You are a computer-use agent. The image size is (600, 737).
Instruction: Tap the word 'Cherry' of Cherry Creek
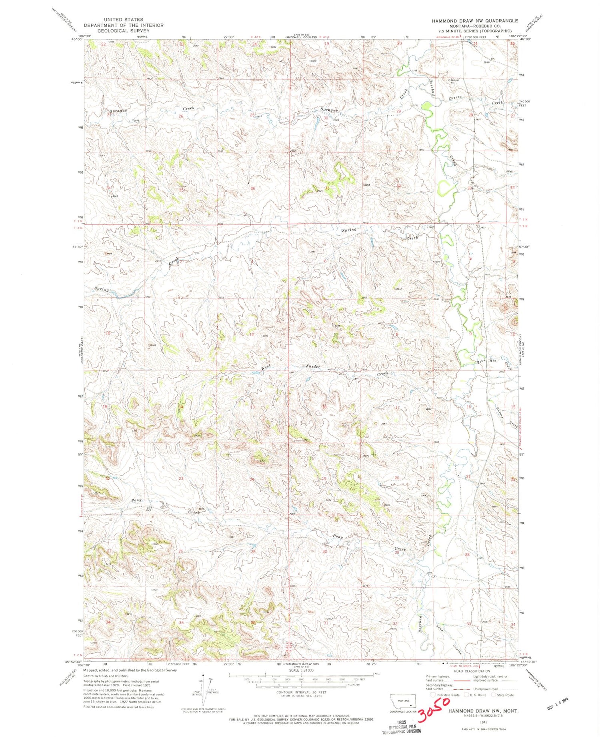455,97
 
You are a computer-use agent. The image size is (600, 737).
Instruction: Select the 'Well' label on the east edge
510,172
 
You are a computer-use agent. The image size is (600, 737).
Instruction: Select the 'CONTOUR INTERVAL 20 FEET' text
301,692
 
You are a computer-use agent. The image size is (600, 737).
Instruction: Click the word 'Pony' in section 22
137,500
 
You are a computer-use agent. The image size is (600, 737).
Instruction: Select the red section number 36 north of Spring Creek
252,188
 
